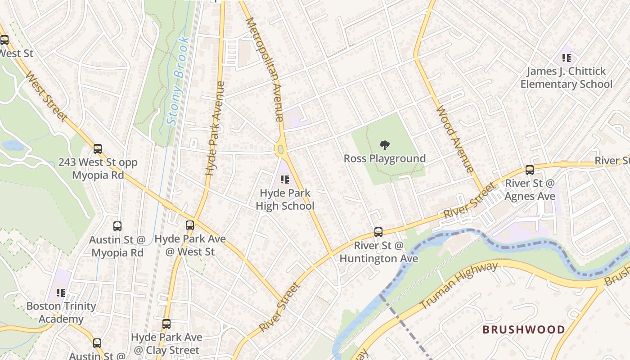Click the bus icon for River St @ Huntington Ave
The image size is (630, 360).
pyautogui.click(x=378, y=232)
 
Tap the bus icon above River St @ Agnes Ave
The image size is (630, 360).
pyautogui.click(x=530, y=170)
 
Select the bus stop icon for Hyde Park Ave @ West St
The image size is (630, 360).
pyautogui.click(x=190, y=225)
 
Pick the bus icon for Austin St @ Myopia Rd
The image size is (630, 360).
pyautogui.click(x=117, y=226)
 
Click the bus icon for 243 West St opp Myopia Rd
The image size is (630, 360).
pyautogui.click(x=98, y=149)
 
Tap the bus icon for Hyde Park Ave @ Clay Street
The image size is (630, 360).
pyautogui.click(x=166, y=324)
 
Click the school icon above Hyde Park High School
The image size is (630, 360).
pyautogui.click(x=284, y=180)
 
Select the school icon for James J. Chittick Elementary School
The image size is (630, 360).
pyautogui.click(x=567, y=58)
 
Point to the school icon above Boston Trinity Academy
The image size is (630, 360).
pyautogui.click(x=61, y=293)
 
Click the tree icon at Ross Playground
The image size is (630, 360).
pyautogui.click(x=385, y=145)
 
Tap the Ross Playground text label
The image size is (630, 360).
pyautogui.click(x=385, y=158)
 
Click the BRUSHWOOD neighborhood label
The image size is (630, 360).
pyautogui.click(x=523, y=329)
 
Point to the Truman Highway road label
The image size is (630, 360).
pyautogui.click(x=459, y=286)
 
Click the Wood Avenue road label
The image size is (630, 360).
pyautogui.click(x=455, y=139)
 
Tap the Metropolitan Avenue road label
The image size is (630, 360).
pyautogui.click(x=265, y=70)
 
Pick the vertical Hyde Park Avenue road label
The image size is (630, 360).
pyautogui.click(x=215, y=128)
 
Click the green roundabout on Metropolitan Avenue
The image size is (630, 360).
pyautogui.click(x=280, y=149)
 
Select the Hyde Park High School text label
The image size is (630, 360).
pyautogui.click(x=285, y=200)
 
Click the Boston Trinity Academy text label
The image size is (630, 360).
pyautogui.click(x=61, y=312)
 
